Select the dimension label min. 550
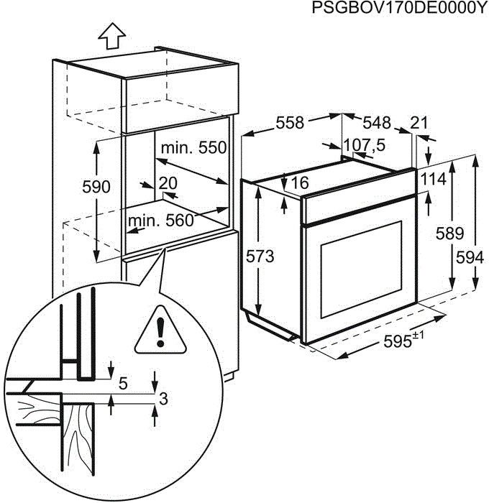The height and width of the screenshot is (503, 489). (x=193, y=148)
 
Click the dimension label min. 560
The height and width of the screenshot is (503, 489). (x=161, y=221)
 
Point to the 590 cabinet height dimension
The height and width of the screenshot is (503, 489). (x=96, y=188)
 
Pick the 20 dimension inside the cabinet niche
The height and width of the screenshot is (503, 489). (x=168, y=183)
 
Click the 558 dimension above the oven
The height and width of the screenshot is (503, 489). (x=290, y=123)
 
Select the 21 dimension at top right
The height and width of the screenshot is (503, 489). (x=419, y=123)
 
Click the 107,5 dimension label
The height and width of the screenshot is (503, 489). (x=364, y=145)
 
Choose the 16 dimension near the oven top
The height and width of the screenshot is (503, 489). (x=299, y=183)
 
